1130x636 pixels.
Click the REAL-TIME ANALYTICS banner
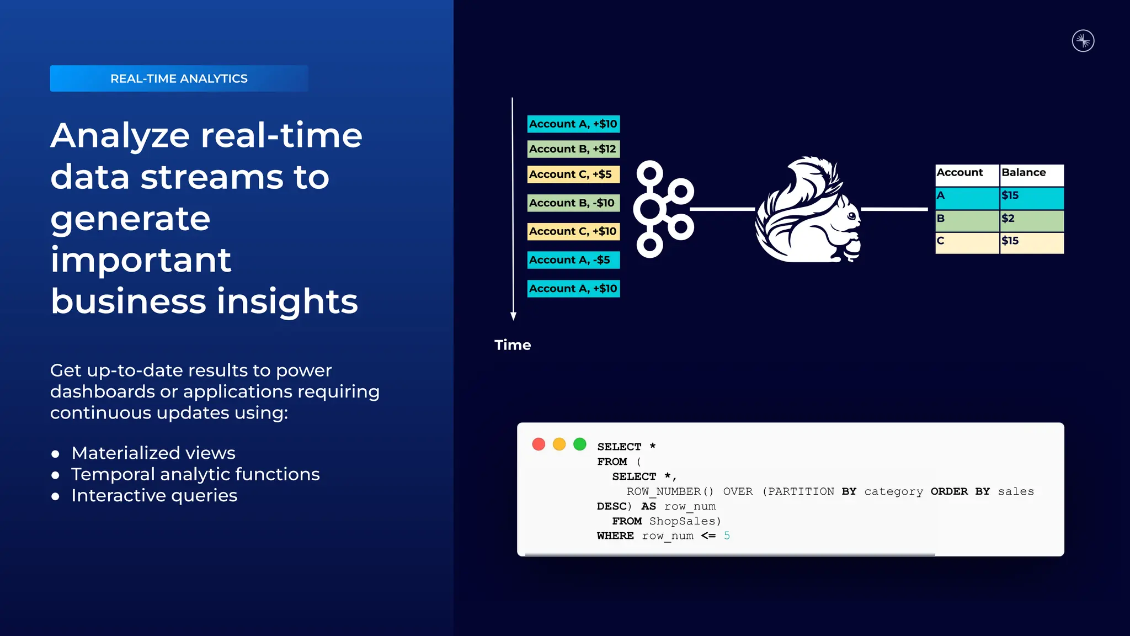click(179, 78)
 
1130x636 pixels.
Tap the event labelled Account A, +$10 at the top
click(573, 124)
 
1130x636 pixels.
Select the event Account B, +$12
click(573, 149)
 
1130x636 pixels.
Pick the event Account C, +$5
click(573, 174)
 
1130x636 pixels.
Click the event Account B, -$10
click(573, 203)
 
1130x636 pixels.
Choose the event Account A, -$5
click(573, 260)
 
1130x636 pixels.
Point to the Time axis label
click(513, 345)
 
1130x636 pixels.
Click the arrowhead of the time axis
click(513, 316)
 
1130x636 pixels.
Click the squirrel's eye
click(852, 216)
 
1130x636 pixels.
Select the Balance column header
click(1031, 173)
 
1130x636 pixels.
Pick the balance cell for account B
click(1031, 219)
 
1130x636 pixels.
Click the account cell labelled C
click(967, 242)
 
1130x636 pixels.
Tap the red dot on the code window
click(539, 444)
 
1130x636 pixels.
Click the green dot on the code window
click(580, 444)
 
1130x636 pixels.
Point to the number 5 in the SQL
click(727, 536)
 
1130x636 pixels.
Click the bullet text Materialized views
click(153, 453)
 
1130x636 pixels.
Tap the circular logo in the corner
click(1083, 41)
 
